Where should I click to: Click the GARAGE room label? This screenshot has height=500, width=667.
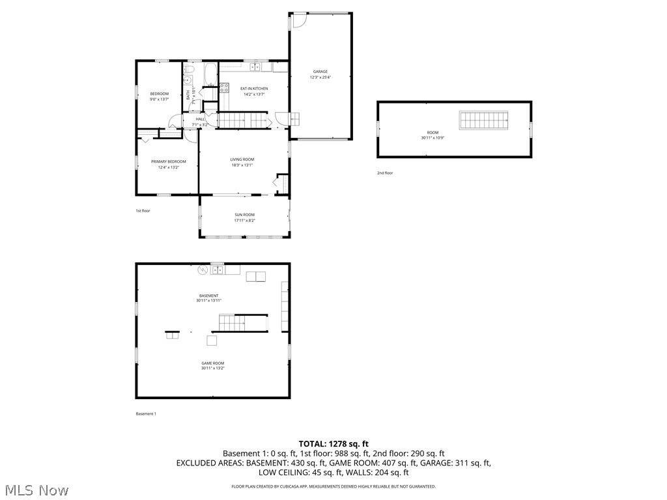[320, 72]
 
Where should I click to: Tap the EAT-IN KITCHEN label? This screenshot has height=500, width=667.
[254, 89]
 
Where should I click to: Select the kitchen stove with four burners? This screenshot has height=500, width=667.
[224, 87]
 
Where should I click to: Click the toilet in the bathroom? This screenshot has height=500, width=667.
[189, 68]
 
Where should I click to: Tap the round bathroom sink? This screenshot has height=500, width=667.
[186, 81]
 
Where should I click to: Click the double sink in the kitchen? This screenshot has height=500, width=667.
[255, 66]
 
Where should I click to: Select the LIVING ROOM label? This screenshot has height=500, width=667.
[242, 160]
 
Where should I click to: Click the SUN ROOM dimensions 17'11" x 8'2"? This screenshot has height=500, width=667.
[244, 220]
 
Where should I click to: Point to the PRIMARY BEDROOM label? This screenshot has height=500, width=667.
[168, 161]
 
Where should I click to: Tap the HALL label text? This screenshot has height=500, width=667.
[200, 119]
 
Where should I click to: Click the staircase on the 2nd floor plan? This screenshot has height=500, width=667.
[483, 120]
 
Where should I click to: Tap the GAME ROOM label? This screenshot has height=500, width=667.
[212, 363]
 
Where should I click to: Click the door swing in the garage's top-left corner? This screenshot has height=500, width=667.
[298, 20]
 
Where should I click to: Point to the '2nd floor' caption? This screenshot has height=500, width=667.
[385, 173]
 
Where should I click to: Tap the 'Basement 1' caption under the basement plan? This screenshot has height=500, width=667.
[146, 414]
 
